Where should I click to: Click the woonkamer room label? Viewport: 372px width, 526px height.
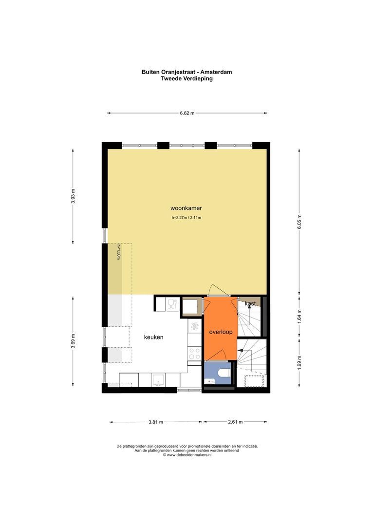[186, 208]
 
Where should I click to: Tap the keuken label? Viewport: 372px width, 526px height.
[154, 337]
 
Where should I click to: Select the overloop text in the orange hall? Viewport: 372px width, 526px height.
[221, 332]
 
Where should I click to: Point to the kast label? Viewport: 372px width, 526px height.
[250, 303]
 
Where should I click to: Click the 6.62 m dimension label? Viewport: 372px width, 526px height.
[187, 113]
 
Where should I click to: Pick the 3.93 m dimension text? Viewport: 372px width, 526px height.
[73, 197]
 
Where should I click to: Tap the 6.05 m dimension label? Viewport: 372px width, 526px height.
[299, 222]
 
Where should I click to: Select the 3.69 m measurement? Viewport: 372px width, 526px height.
[73, 341]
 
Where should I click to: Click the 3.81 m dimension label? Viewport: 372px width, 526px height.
[156, 422]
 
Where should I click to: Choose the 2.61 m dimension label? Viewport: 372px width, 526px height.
[235, 422]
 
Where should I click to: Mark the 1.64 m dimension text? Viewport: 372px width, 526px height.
[299, 316]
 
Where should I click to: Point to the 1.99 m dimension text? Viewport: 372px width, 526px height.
[299, 362]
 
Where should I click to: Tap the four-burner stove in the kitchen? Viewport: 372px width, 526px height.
[194, 353]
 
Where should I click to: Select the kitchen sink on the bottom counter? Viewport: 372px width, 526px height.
[158, 380]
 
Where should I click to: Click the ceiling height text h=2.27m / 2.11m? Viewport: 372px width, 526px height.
[186, 217]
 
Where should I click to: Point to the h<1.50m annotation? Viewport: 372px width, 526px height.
[118, 252]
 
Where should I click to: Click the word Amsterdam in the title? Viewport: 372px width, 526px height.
[216, 72]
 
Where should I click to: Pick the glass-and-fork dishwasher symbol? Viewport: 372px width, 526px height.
[172, 304]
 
